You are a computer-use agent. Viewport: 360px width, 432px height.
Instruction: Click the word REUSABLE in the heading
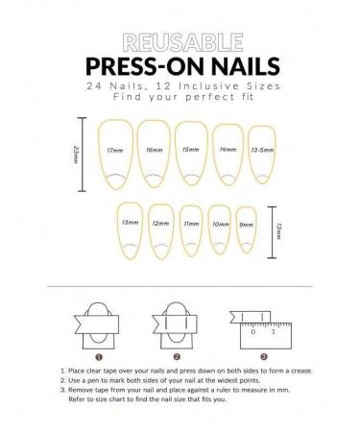coord(181,42)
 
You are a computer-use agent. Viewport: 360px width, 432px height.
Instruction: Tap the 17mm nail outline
coord(114,152)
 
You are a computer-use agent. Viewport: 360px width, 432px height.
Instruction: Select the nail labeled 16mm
coord(153,152)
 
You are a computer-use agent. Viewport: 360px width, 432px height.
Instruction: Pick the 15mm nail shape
coord(191,152)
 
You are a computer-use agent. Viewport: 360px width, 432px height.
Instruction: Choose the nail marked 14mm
coord(228,152)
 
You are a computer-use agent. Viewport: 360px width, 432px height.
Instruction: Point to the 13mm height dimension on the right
coord(279,230)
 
